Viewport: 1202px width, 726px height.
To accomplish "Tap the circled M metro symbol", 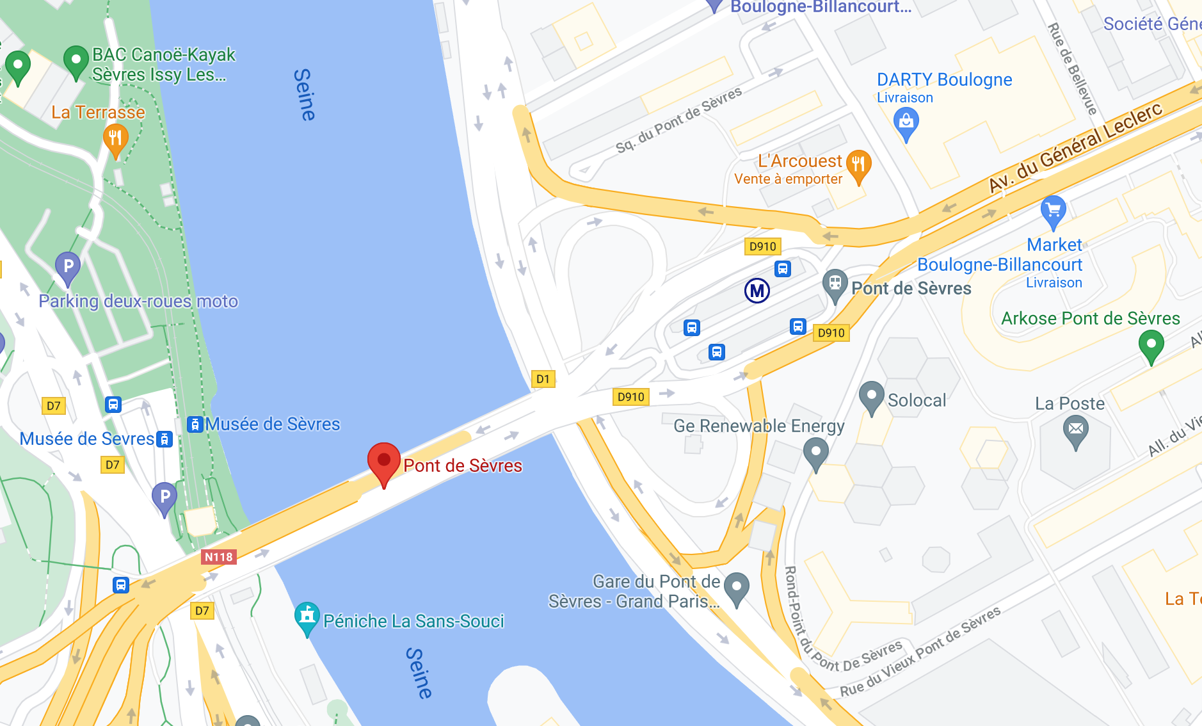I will (757, 291).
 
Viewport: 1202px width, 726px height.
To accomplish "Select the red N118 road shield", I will (219, 557).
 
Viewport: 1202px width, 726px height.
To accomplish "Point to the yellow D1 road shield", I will (543, 379).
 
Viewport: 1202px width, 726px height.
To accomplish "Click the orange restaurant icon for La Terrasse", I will (115, 138).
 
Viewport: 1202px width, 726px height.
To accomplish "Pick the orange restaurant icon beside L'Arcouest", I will (858, 164).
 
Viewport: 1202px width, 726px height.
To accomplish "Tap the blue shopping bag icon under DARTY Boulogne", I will (906, 122).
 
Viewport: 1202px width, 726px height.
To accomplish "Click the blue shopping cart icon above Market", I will (1053, 210).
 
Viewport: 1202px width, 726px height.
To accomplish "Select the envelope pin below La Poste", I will (1076, 429).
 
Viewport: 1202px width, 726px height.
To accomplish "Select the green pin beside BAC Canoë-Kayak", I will (76, 61).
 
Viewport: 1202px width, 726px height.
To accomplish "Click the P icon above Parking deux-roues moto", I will (68, 266).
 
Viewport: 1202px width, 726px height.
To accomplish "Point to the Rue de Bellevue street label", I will (1072, 69).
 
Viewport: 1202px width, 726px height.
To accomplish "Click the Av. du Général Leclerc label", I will (1075, 147).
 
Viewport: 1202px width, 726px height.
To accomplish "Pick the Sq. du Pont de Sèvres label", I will (678, 120).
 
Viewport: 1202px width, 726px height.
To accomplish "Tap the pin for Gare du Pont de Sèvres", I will (736, 586).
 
